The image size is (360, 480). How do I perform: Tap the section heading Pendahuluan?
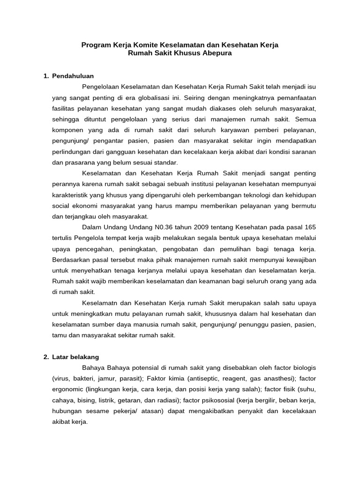tap(73, 75)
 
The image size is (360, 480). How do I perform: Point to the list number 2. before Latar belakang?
tap(46, 357)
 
